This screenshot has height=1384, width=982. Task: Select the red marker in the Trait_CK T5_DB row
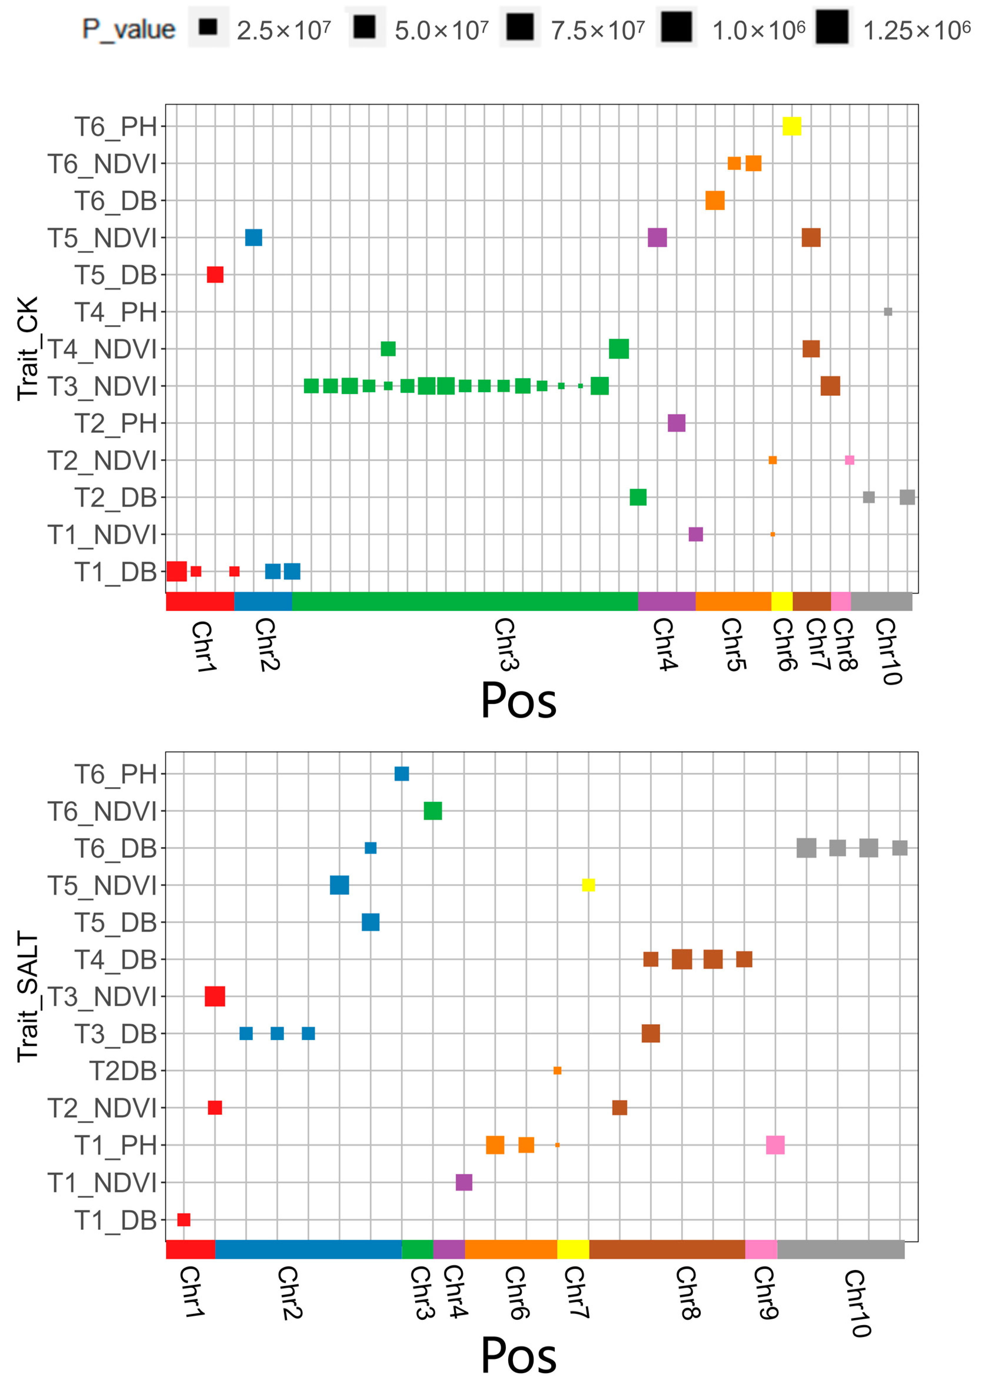point(215,275)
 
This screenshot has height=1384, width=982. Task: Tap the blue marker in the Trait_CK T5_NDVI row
point(253,238)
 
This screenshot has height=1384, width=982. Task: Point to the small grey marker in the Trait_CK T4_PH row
point(888,312)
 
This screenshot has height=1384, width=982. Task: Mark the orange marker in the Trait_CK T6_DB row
point(715,200)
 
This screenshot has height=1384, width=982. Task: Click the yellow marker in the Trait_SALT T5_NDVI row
point(588,885)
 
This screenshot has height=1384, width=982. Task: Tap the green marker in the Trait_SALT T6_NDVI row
point(433,811)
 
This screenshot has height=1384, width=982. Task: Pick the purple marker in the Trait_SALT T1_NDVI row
point(464,1182)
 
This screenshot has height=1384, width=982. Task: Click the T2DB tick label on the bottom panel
point(123,1071)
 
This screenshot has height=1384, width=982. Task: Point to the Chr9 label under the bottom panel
point(765,1293)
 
